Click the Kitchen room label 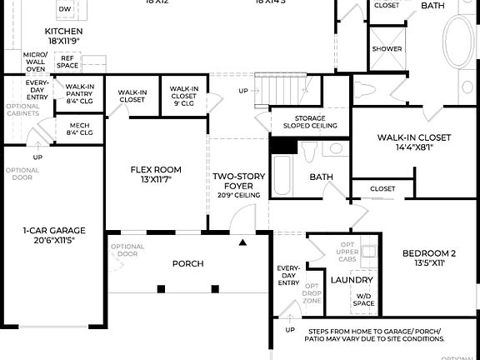click(x=63, y=36)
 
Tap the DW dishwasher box click(x=65, y=8)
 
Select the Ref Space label click(x=67, y=61)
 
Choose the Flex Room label click(x=156, y=174)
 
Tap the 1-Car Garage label click(x=53, y=235)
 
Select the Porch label click(x=187, y=264)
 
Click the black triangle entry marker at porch click(x=243, y=243)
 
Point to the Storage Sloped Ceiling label click(x=304, y=122)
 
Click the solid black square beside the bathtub click(x=283, y=145)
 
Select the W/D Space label click(x=363, y=299)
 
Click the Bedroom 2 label click(x=429, y=257)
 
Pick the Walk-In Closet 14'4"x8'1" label click(x=413, y=142)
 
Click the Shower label click(x=387, y=49)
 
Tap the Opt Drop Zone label click(x=313, y=293)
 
